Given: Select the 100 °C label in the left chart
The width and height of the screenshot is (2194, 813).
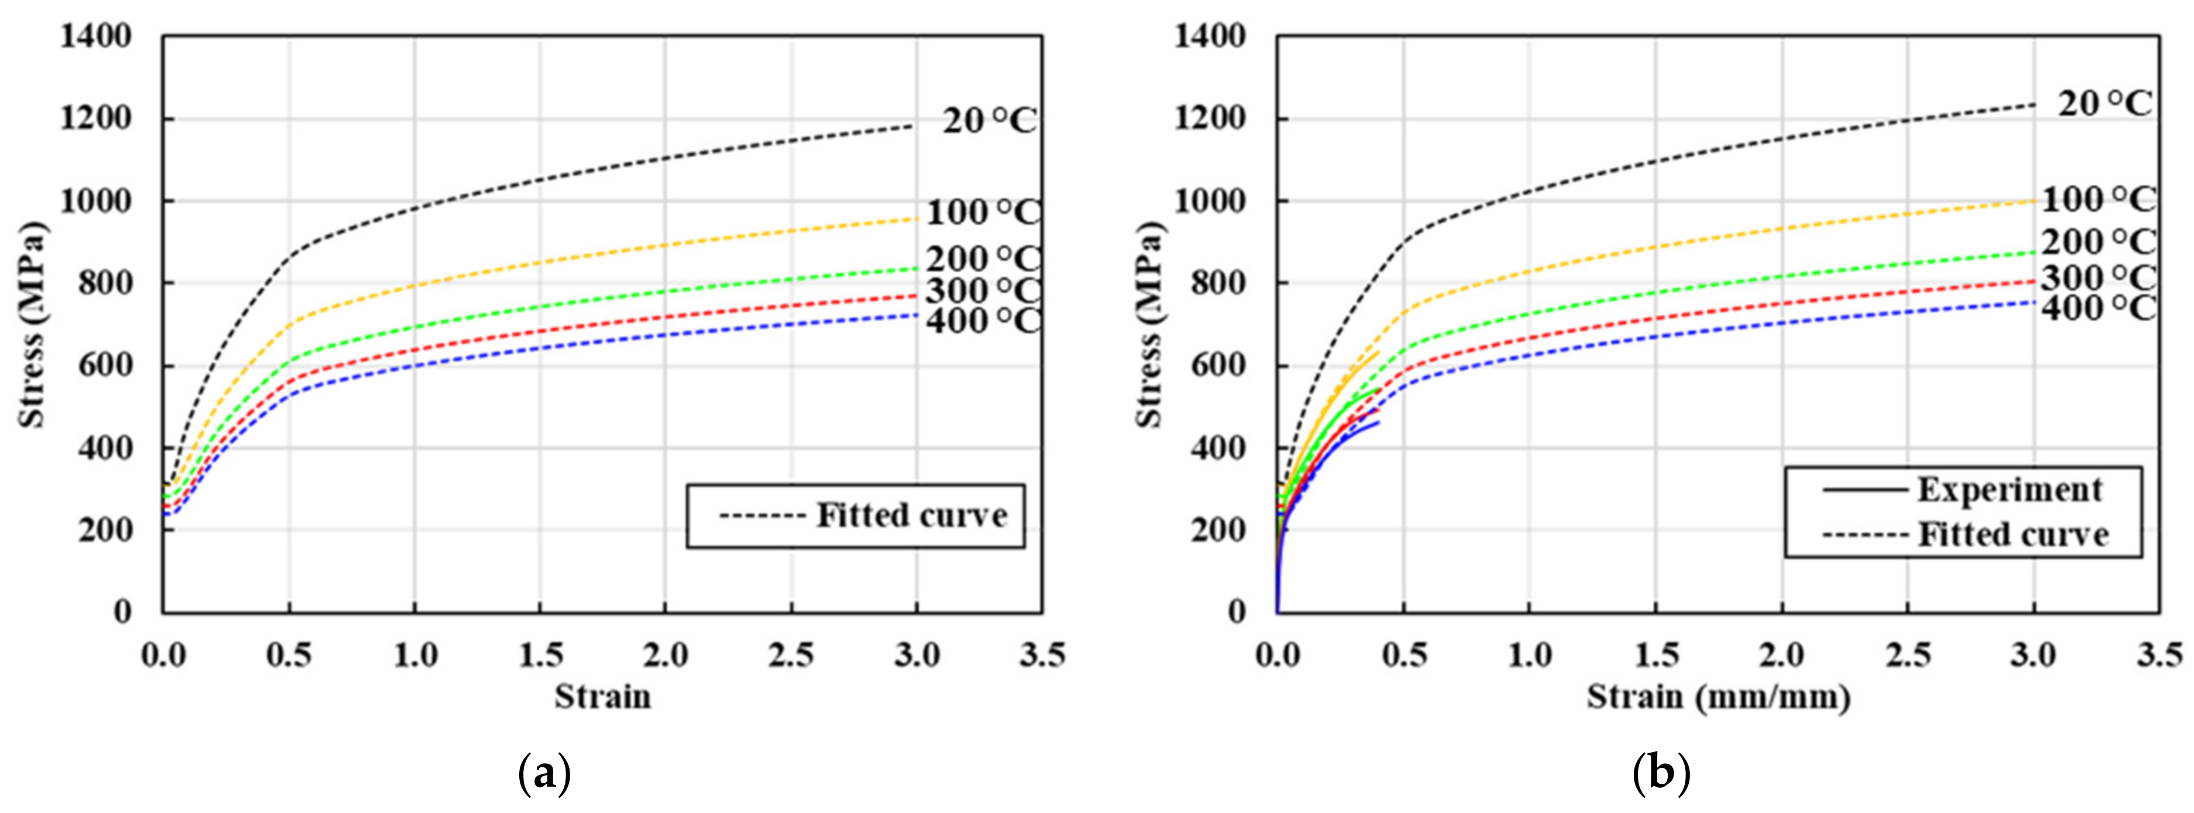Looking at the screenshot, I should pyautogui.click(x=983, y=212).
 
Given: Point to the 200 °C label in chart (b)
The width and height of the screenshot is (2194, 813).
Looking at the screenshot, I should pyautogui.click(x=2098, y=243).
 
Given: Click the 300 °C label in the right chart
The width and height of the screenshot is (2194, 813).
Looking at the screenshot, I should pyautogui.click(x=2098, y=277).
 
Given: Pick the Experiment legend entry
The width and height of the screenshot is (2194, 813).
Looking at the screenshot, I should pyautogui.click(x=2009, y=490).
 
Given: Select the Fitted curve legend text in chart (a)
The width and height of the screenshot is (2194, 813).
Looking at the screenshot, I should pyautogui.click(x=911, y=515).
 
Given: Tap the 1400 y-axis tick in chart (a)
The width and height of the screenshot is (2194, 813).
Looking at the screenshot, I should pyautogui.click(x=95, y=37).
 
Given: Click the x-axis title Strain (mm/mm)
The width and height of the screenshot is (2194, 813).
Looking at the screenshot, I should pyautogui.click(x=1718, y=697).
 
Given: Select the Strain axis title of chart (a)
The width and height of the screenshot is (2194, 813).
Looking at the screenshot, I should pyautogui.click(x=602, y=697).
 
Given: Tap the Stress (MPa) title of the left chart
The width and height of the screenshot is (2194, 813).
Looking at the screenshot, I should pyautogui.click(x=32, y=324).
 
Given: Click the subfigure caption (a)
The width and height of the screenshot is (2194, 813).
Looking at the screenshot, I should pyautogui.click(x=544, y=774).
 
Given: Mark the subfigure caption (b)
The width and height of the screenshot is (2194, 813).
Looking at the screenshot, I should pyautogui.click(x=1661, y=774).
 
